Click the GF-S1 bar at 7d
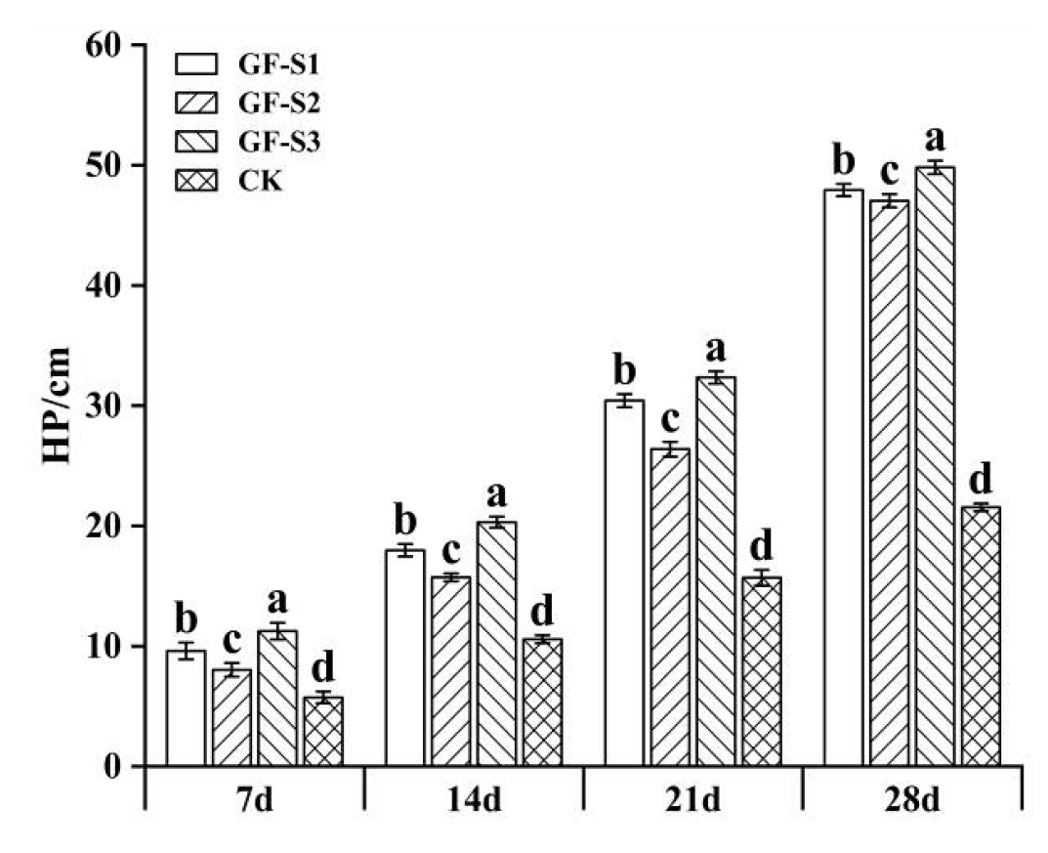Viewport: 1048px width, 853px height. point(186,708)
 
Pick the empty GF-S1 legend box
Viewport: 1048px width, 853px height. point(195,65)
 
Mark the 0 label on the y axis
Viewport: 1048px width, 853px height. point(113,767)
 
